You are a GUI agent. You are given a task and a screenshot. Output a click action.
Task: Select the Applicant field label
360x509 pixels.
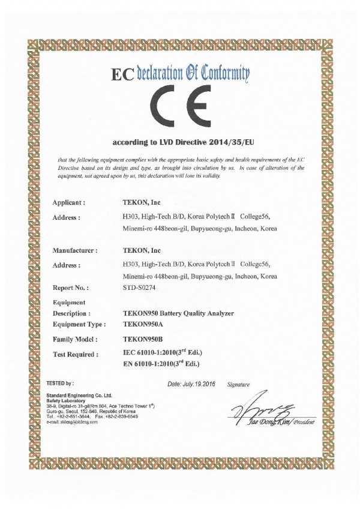click(x=69, y=203)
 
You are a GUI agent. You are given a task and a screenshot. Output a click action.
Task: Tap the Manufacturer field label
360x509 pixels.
click(x=75, y=250)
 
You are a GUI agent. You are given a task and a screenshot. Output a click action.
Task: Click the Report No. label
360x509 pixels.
click(x=71, y=288)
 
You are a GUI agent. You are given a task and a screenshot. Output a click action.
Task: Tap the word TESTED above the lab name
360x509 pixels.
click(x=56, y=382)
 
